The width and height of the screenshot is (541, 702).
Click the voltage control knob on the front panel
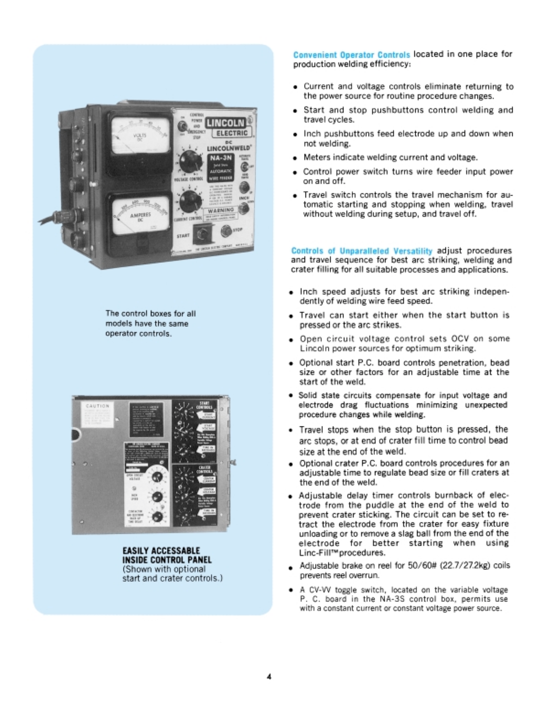(190, 161)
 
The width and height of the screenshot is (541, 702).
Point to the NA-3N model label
(221, 158)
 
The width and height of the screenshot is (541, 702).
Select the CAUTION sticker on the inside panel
(98, 415)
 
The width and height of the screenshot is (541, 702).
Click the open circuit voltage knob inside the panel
(157, 477)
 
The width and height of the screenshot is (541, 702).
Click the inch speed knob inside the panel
(157, 497)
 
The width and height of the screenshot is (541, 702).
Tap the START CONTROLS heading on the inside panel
(204, 405)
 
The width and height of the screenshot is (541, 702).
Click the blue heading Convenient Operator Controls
(351, 55)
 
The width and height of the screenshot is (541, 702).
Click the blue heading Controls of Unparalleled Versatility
(361, 251)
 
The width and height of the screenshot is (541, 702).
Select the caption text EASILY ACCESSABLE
(161, 551)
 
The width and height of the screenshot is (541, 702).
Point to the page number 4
(269, 677)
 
